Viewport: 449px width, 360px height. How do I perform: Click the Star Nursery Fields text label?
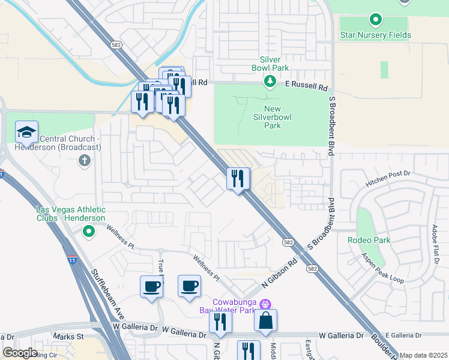[x=375, y=35]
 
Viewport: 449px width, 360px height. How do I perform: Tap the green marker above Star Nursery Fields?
[x=375, y=20]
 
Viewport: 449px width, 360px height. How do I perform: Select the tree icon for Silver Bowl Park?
[x=270, y=80]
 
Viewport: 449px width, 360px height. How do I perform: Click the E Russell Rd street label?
[x=306, y=86]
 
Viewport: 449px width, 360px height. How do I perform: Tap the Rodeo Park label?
[x=369, y=240]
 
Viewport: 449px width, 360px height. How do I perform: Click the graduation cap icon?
[x=27, y=132]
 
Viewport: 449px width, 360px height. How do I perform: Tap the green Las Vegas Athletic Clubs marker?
[x=88, y=231]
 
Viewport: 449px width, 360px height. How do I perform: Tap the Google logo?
[x=20, y=353]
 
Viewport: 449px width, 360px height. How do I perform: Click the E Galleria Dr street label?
[x=405, y=335]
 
